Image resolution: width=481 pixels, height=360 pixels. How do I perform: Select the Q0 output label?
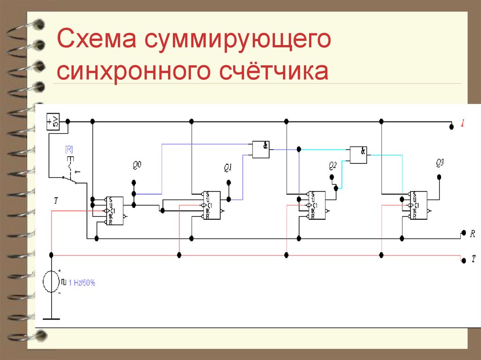pos(137,165)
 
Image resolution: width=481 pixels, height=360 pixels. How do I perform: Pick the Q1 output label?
pos(229,168)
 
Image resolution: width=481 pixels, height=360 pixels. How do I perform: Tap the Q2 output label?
pos(333,165)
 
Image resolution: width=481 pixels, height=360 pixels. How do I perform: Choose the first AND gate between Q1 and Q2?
pos(260,149)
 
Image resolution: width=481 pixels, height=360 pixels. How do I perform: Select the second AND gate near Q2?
pos(358,154)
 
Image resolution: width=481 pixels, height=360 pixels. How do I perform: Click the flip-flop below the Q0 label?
pos(114,211)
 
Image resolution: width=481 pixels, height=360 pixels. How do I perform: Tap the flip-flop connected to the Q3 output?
pos(418,205)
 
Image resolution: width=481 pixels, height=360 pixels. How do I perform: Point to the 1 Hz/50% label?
pos(82,283)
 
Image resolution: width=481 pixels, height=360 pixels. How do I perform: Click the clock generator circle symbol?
pos(51,282)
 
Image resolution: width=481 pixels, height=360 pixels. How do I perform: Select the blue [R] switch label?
pos(69,150)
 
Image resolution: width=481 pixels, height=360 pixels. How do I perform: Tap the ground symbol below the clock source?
pos(51,319)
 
